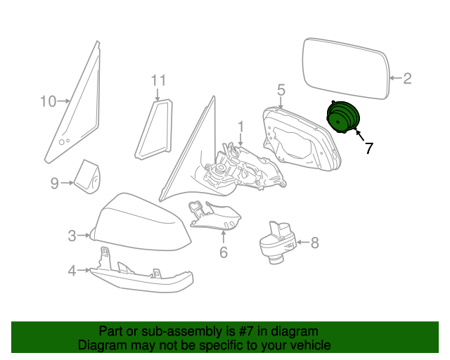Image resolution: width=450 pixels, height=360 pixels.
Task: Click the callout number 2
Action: click(407, 79)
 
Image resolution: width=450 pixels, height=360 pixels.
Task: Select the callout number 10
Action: click(47, 102)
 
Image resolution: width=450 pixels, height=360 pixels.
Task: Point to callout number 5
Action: click(281, 89)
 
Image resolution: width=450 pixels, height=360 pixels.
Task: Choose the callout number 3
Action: click(72, 236)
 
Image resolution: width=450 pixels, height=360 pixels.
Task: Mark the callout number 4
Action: click(72, 270)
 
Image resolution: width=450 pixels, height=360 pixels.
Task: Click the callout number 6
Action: click(224, 252)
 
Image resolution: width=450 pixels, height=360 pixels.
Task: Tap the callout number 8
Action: click(314, 243)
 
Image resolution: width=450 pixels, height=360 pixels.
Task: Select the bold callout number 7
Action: click(369, 148)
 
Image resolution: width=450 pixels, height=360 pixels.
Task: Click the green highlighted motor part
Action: click(343, 117)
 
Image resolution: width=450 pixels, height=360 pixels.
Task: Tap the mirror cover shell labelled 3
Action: click(141, 221)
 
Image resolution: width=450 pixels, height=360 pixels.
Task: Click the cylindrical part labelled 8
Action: click(276, 243)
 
